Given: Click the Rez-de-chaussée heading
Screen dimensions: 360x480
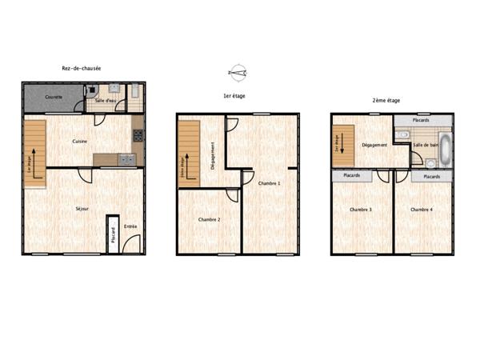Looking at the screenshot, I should (x=81, y=68).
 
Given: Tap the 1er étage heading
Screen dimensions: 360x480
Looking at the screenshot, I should (x=234, y=96).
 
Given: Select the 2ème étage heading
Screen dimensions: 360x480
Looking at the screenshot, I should (x=386, y=101).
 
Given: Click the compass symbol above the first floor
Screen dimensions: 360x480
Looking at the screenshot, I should (x=237, y=73).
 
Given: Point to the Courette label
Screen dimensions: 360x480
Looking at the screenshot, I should (x=54, y=98).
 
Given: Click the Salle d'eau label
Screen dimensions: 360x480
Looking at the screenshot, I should (x=105, y=101).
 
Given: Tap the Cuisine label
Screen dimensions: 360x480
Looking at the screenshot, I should (x=80, y=142).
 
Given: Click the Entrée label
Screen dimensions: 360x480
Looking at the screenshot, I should (x=130, y=226).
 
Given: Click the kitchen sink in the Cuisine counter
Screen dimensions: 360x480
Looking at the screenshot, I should (x=126, y=159).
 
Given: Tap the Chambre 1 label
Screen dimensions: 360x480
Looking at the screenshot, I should (x=270, y=183).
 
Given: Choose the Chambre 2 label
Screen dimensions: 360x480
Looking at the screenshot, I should (x=209, y=219).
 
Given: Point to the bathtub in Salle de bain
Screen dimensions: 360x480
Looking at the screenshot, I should (x=446, y=149).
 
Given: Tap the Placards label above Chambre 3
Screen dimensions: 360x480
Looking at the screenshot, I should (x=350, y=176).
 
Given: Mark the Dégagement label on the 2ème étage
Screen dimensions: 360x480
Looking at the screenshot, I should (x=374, y=145).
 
